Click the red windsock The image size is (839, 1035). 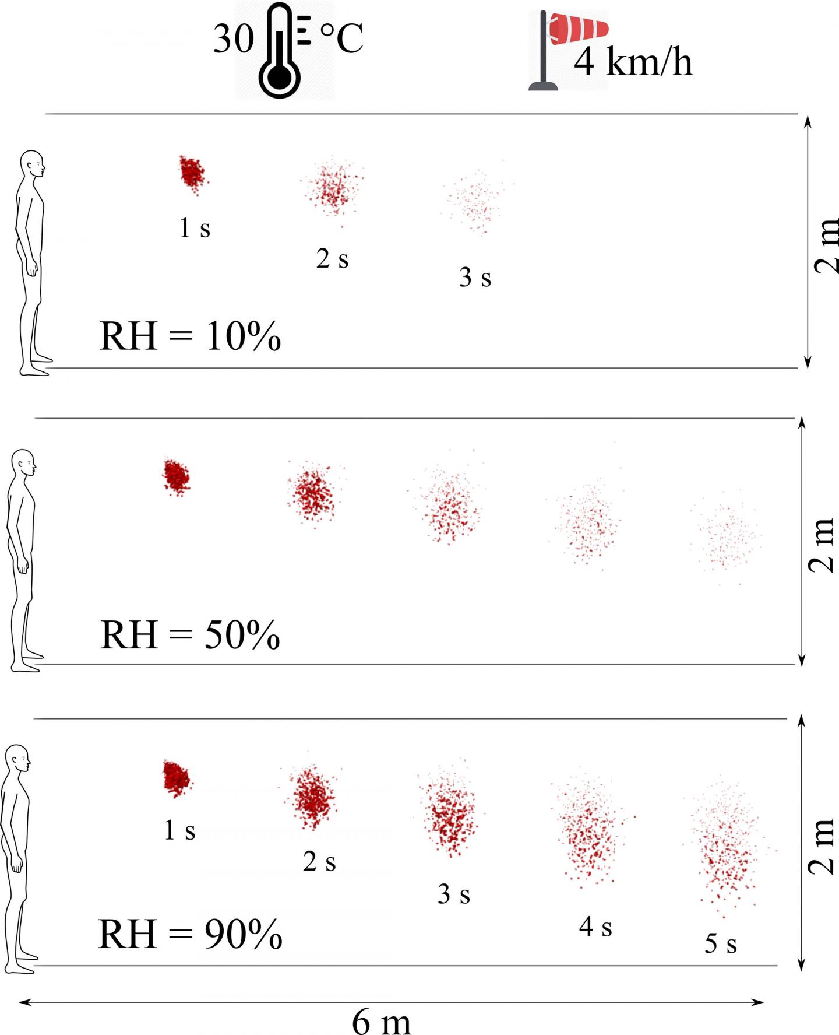click(x=578, y=29)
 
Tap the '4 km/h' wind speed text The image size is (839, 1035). click(x=633, y=62)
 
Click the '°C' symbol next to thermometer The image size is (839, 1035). click(x=342, y=38)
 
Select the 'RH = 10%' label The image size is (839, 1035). click(x=190, y=336)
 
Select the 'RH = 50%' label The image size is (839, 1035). click(x=190, y=635)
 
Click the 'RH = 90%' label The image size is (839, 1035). click(x=190, y=934)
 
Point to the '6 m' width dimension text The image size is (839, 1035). click(x=382, y=1022)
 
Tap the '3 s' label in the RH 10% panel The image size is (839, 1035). click(x=475, y=278)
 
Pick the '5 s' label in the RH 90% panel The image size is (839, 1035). click(x=721, y=943)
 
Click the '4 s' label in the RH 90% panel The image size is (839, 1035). click(x=595, y=927)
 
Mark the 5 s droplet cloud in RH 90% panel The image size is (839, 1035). click(x=725, y=845)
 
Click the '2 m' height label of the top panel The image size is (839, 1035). click(x=826, y=245)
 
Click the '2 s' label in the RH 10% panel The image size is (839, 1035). click(x=332, y=259)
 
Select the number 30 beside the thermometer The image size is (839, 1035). click(x=234, y=39)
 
